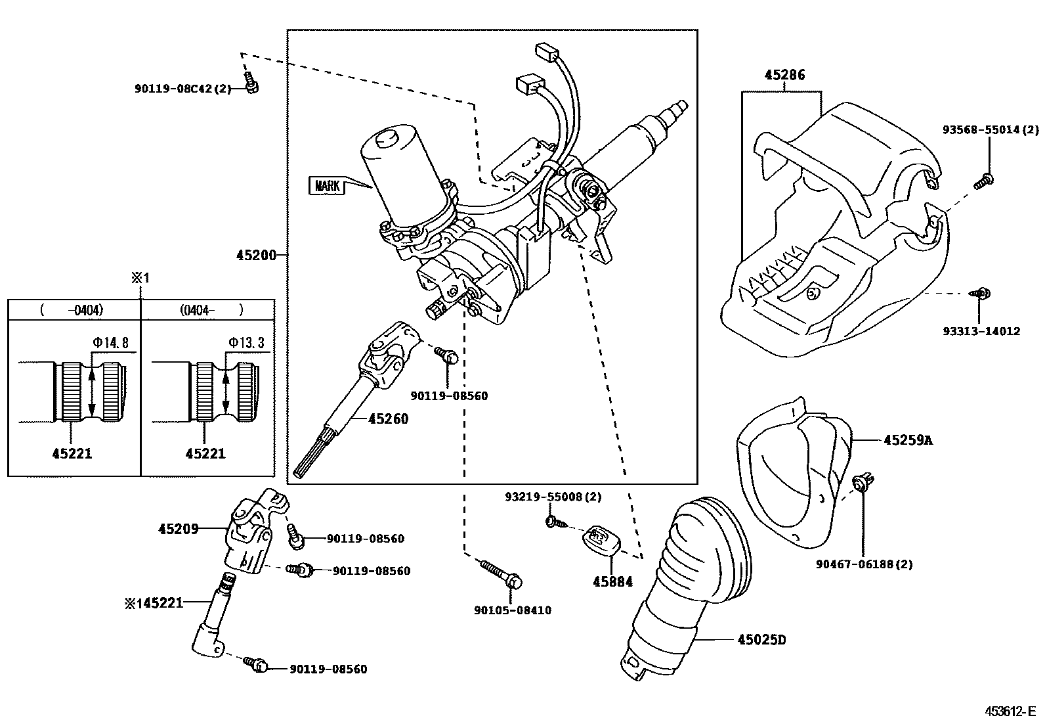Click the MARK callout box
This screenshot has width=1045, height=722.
click(326, 186)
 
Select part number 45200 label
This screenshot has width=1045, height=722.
click(257, 255)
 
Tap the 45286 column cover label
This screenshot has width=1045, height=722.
click(784, 75)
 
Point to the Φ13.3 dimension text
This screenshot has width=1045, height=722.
click(246, 342)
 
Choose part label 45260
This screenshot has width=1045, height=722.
click(388, 418)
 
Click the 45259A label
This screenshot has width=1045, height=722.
click(907, 440)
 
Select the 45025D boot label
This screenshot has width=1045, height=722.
click(761, 639)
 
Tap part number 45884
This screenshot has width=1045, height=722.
click(612, 581)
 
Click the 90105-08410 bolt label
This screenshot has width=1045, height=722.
click(513, 610)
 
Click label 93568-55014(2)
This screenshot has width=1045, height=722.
click(991, 130)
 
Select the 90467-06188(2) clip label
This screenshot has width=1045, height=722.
click(864, 564)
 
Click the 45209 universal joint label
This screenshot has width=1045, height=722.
click(178, 528)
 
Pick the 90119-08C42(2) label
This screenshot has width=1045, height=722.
click(183, 88)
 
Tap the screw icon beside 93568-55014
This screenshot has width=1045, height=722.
click(983, 181)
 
